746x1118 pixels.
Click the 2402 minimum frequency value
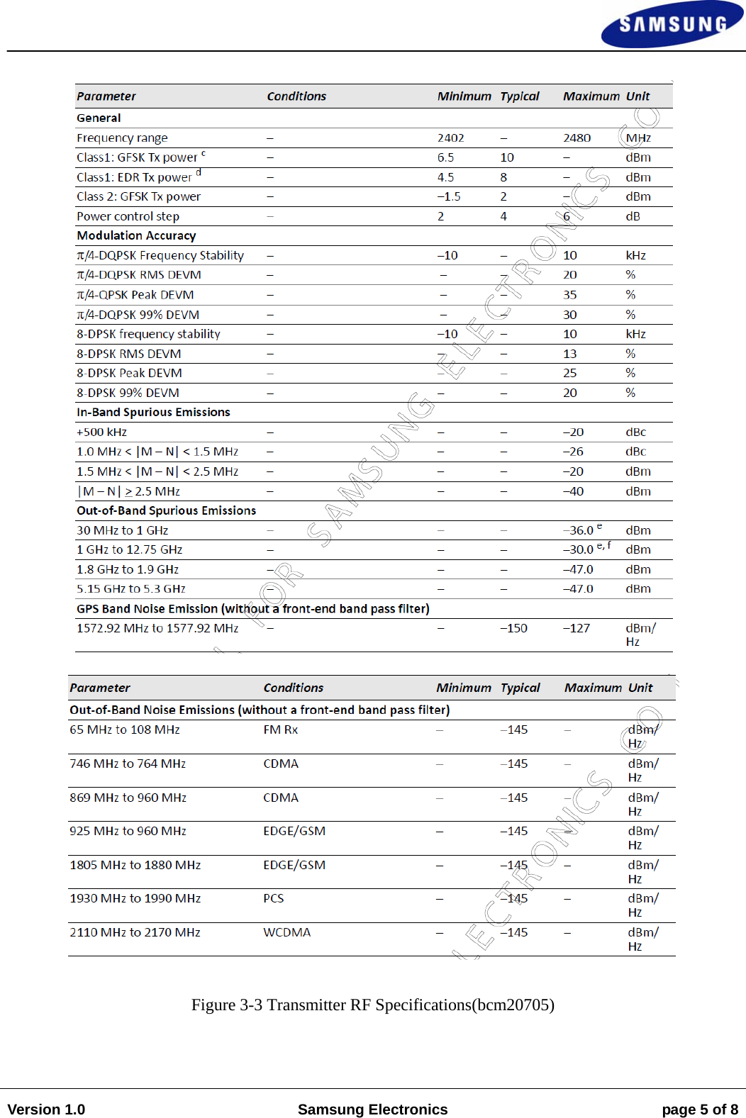pos(450,138)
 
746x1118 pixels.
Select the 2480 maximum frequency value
pos(577,138)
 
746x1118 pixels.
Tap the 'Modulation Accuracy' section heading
pos(136,235)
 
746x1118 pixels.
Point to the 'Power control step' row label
pos(128,216)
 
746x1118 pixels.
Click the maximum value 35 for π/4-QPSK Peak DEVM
pos(569,295)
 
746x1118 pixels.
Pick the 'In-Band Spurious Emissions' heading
pos(153,412)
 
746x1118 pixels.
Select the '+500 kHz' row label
pos(101,432)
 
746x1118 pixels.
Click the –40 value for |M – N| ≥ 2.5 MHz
pos(573,491)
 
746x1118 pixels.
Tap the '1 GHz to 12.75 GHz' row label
pos(129,549)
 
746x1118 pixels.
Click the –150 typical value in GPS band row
pos(513,628)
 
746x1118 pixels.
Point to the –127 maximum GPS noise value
pos(576,628)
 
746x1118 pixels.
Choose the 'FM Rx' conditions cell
pos(280,730)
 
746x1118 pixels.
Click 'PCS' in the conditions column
pos(273,898)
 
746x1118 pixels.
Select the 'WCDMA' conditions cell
pos(286,932)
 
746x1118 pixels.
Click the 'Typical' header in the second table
pos(520,688)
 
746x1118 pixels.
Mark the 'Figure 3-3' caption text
pos(372,1005)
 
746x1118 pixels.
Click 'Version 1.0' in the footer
pos(46,1109)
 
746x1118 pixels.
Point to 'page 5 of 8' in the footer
pos(699,1109)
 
